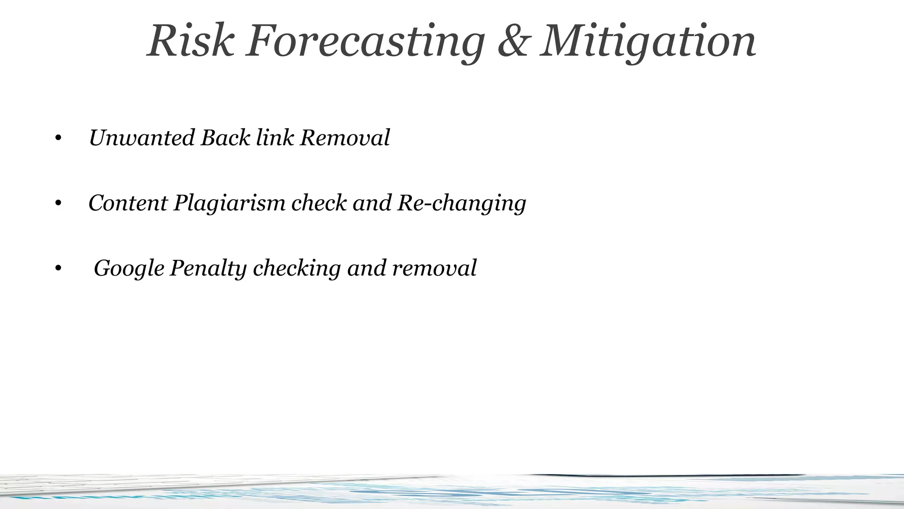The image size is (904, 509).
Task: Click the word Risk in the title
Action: click(190, 41)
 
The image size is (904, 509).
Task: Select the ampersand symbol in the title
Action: click(512, 41)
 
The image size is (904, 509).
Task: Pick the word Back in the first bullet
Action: click(225, 137)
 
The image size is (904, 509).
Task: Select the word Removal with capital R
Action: click(345, 137)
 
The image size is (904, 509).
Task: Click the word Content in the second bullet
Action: click(128, 203)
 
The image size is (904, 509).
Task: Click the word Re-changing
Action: click(462, 204)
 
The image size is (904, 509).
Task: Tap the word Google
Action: click(129, 269)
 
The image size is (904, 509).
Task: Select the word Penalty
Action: click(208, 269)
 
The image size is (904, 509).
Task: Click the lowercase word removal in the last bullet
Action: click(434, 268)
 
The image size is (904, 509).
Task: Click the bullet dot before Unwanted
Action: click(58, 139)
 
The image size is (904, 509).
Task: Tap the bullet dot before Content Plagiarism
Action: click(58, 204)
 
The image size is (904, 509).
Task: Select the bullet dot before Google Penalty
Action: click(58, 269)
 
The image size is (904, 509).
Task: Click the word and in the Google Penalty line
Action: click(366, 268)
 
